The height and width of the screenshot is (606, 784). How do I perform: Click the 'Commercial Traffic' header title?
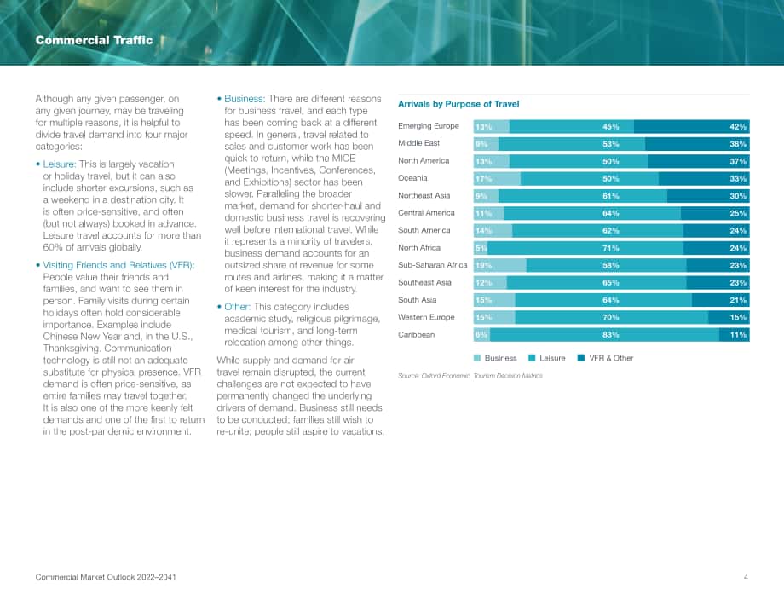click(x=94, y=40)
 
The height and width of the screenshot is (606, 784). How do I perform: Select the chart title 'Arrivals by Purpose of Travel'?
click(x=458, y=104)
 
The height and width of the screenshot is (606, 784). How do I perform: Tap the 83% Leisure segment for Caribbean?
click(x=604, y=334)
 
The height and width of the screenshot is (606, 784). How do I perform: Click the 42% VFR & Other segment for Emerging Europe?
click(x=691, y=126)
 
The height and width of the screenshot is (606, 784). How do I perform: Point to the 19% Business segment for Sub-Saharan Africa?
click(x=500, y=266)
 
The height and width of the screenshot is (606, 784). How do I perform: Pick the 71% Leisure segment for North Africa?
click(x=585, y=248)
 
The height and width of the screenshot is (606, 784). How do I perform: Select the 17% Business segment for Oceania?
click(x=497, y=178)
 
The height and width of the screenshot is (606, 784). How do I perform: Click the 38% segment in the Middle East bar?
click(x=697, y=144)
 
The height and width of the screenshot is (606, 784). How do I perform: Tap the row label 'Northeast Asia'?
click(x=424, y=195)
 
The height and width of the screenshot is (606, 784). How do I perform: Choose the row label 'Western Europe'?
click(x=426, y=317)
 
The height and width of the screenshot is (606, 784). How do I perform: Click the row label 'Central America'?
click(x=426, y=212)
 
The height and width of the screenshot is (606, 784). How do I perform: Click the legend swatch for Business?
click(x=477, y=358)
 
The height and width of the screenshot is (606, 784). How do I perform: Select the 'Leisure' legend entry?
click(x=547, y=358)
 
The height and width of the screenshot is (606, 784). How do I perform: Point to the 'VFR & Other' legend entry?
click(x=606, y=358)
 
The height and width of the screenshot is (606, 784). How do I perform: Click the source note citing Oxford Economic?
click(x=470, y=376)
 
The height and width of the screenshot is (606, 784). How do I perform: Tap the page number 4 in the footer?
click(x=746, y=577)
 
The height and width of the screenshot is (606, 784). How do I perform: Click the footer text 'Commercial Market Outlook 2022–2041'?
click(x=106, y=577)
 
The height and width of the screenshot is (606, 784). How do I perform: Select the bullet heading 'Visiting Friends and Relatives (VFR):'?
click(x=119, y=265)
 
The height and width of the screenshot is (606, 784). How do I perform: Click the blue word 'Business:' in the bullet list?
click(x=244, y=99)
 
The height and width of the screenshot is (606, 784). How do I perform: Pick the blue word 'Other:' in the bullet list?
click(x=237, y=307)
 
